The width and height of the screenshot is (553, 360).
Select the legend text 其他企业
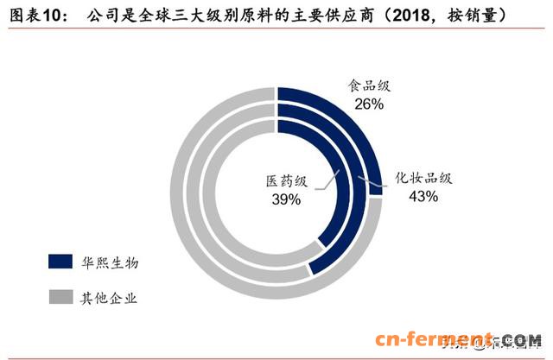point(110,299)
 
